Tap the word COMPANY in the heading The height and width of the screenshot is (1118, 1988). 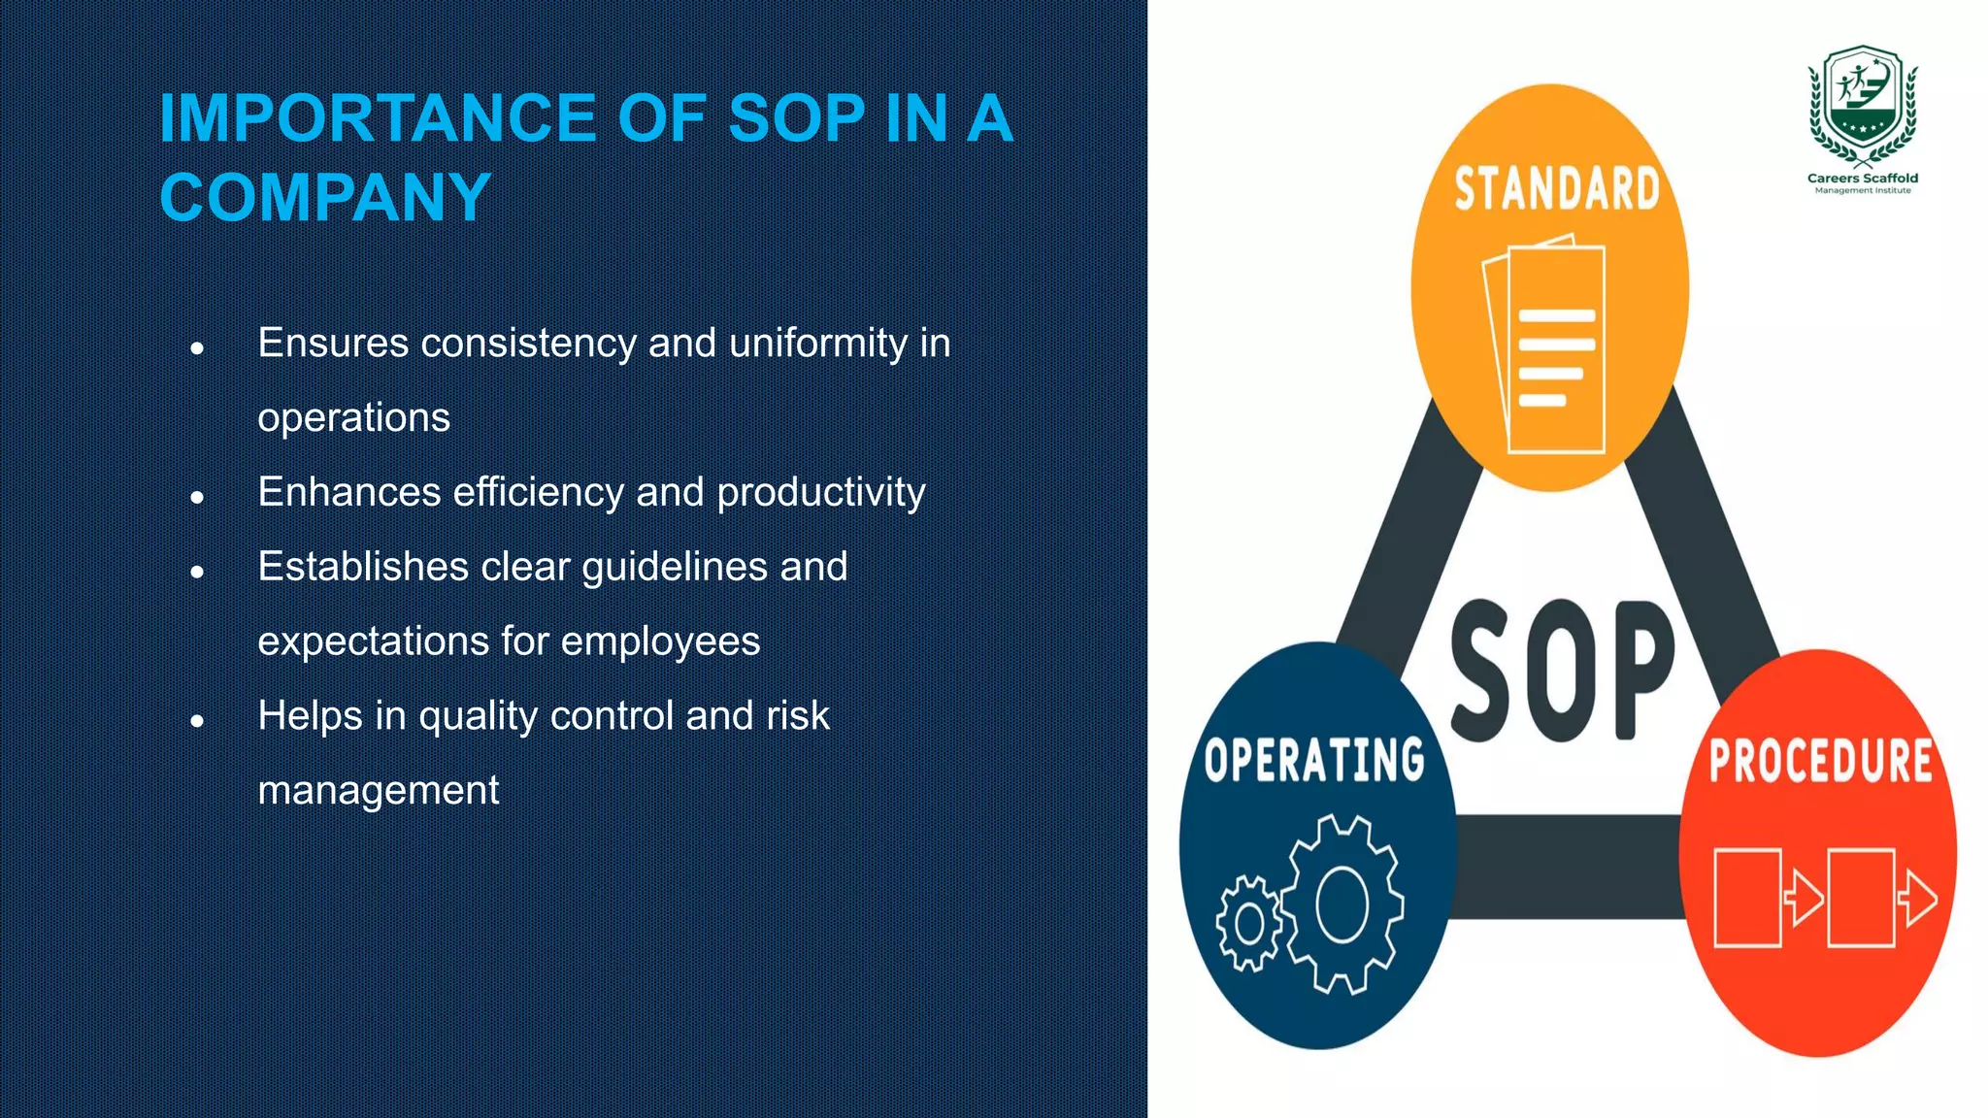[x=325, y=197]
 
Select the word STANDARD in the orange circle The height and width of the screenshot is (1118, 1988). [x=1557, y=189]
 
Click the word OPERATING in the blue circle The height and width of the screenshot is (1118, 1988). [x=1314, y=760]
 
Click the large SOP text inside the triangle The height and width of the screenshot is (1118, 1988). [x=1562, y=672]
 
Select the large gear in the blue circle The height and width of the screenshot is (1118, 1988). [x=1342, y=904]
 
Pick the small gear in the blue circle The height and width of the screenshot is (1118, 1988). [x=1249, y=923]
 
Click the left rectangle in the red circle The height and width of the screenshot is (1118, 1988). [x=1747, y=898]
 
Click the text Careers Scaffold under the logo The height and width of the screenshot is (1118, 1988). [x=1862, y=179]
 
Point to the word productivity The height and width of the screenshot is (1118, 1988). [x=820, y=493]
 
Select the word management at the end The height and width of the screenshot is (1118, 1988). [x=378, y=791]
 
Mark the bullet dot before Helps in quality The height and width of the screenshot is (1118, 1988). [x=197, y=721]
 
